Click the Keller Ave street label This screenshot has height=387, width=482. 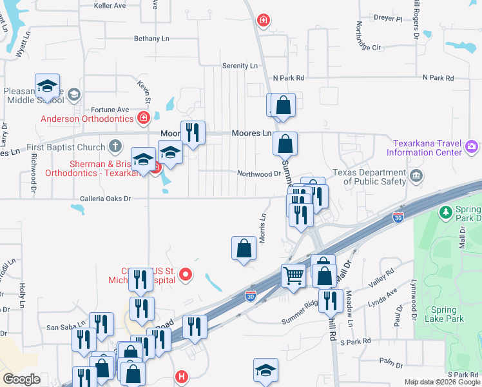(x=109, y=6)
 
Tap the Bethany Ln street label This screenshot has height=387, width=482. (x=151, y=39)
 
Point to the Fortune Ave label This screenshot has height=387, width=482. (x=110, y=110)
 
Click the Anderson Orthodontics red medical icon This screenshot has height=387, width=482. (x=143, y=118)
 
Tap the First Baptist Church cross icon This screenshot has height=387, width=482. (x=115, y=147)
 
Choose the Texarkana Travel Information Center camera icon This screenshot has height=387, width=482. (x=472, y=147)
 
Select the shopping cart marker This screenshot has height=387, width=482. (x=294, y=275)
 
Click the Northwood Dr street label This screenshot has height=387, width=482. (x=259, y=174)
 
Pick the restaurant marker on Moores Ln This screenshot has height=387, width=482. (x=193, y=133)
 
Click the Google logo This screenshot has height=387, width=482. (x=21, y=379)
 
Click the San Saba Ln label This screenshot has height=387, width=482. (x=66, y=327)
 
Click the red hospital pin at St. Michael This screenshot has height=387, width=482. (x=186, y=275)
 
